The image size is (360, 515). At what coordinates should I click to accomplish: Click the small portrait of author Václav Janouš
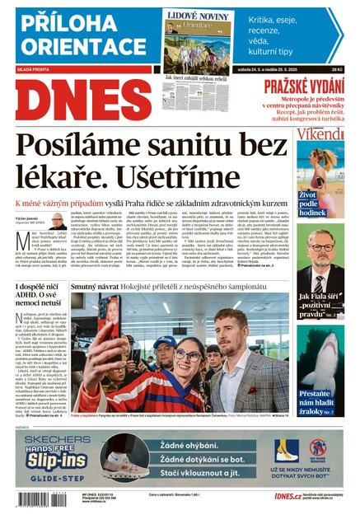(57, 222)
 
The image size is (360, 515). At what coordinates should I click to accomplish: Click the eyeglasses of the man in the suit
(322, 247)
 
